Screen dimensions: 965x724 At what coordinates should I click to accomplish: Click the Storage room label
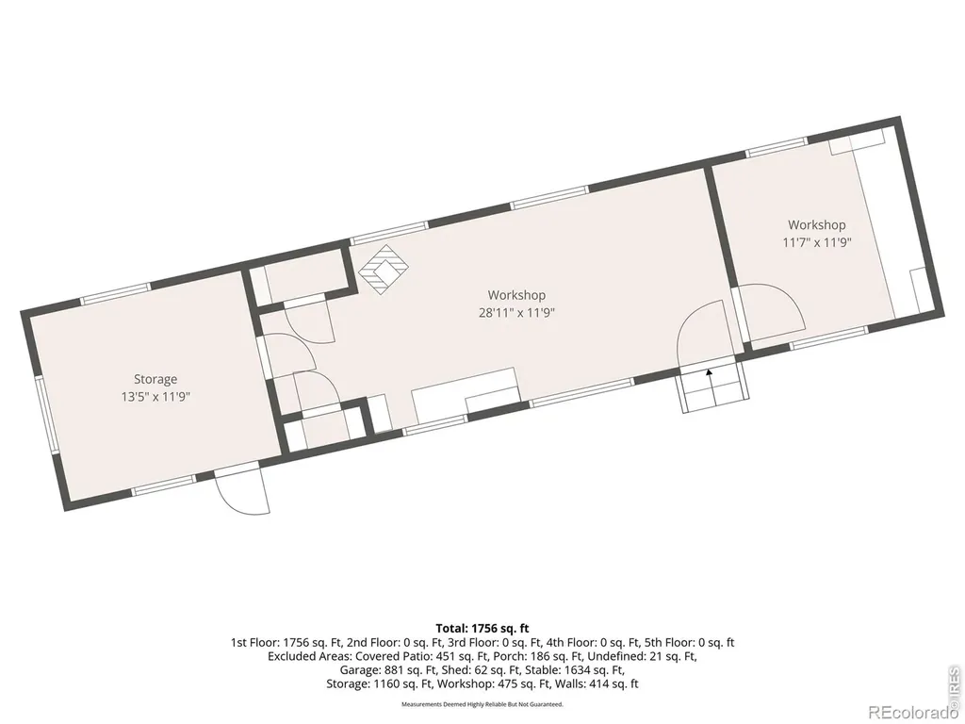(x=155, y=379)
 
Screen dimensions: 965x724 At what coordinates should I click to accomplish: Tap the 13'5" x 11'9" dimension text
(x=155, y=397)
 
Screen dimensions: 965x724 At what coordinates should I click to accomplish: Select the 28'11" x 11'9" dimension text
(x=517, y=313)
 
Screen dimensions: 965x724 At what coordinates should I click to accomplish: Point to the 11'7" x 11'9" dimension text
(x=817, y=242)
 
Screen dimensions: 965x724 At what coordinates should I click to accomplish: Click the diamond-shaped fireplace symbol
(x=384, y=270)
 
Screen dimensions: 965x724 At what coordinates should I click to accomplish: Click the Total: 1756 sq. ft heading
(x=482, y=629)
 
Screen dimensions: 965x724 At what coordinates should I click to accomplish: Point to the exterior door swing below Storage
(x=242, y=491)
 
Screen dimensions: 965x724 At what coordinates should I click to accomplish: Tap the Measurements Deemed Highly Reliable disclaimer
(x=482, y=704)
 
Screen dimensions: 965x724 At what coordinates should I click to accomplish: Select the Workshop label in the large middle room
(x=517, y=295)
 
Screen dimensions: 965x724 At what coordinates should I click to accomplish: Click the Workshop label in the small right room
(x=817, y=225)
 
